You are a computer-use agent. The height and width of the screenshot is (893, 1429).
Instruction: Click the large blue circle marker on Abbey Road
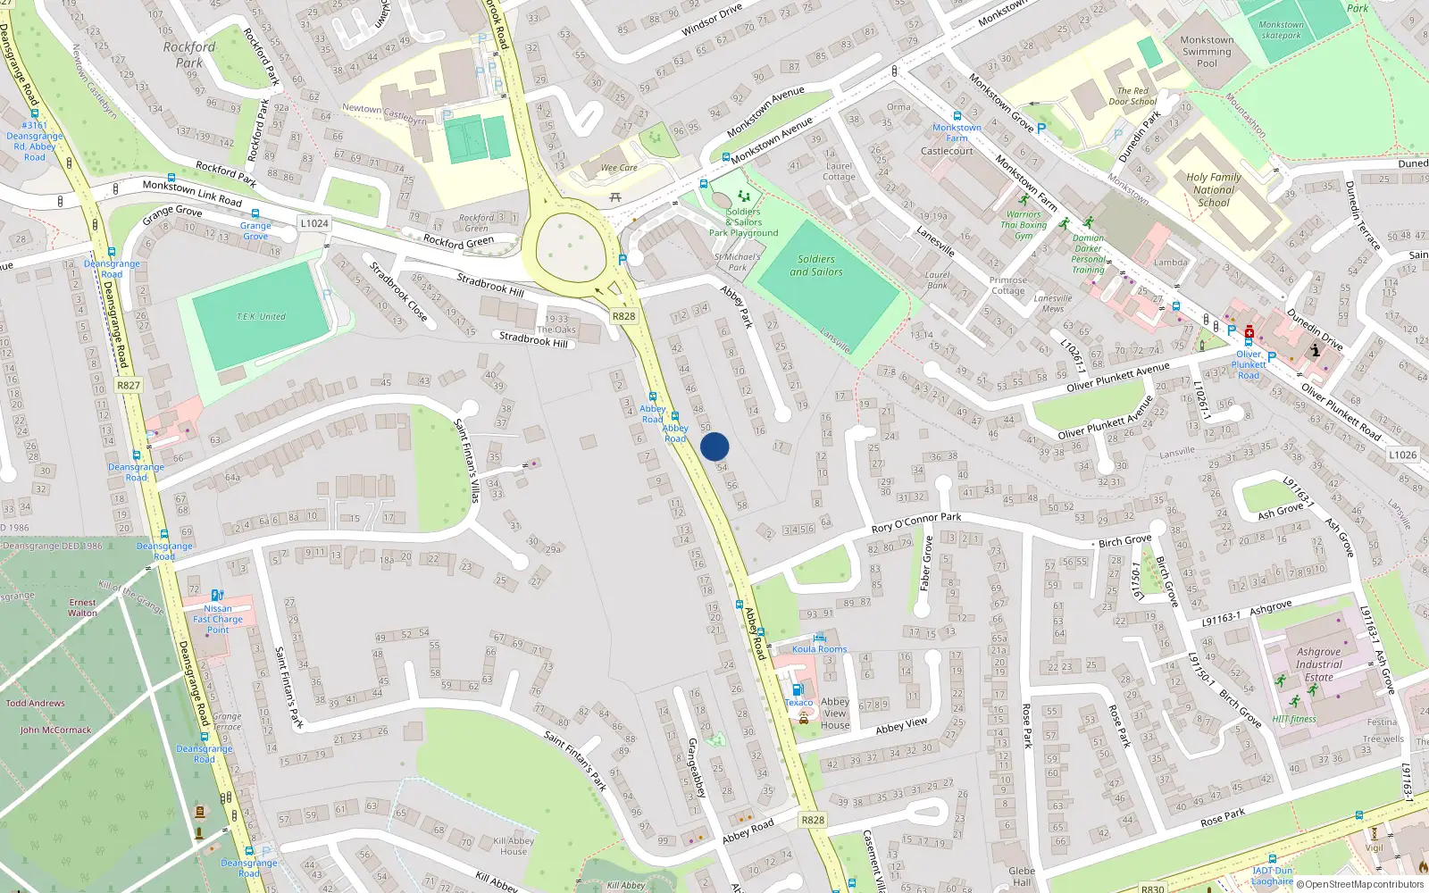(714, 446)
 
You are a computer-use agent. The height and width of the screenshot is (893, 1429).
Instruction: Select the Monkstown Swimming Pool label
(1206, 52)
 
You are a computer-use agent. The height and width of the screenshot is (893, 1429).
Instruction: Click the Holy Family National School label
(1213, 189)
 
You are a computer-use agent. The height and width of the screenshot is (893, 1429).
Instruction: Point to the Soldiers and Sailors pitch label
(816, 265)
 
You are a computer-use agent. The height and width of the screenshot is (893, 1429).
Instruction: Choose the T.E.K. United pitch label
(261, 317)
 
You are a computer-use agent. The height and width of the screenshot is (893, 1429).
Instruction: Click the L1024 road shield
(314, 223)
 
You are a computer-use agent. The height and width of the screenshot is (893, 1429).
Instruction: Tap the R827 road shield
(129, 385)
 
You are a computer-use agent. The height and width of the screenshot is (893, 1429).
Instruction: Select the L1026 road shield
(1402, 455)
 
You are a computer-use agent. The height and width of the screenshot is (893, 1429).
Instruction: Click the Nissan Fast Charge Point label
(218, 619)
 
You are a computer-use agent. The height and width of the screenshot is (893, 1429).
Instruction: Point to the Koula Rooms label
(819, 649)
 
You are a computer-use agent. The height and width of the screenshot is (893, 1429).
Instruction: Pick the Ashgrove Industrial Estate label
(1318, 664)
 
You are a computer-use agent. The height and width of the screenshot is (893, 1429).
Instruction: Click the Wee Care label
(619, 168)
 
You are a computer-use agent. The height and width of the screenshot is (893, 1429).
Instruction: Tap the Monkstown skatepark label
(1281, 30)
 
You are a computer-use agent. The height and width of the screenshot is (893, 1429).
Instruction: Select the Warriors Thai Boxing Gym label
(1024, 225)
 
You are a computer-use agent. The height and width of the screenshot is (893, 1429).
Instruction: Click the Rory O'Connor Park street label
(915, 522)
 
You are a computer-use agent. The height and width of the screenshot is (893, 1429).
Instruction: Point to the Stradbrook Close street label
(398, 291)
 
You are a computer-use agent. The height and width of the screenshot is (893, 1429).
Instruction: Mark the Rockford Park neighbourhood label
(189, 54)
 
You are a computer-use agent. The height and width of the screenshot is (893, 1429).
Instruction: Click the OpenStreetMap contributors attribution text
(1360, 884)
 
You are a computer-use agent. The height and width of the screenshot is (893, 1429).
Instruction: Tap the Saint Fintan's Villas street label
(467, 460)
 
